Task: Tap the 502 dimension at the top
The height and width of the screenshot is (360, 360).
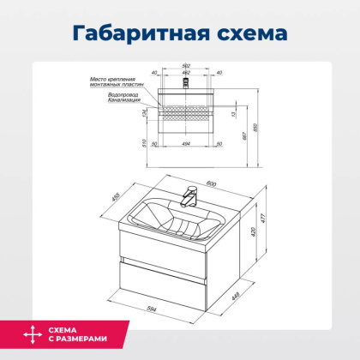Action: [x=186, y=67]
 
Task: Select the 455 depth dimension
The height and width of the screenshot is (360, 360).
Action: [x=115, y=199]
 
